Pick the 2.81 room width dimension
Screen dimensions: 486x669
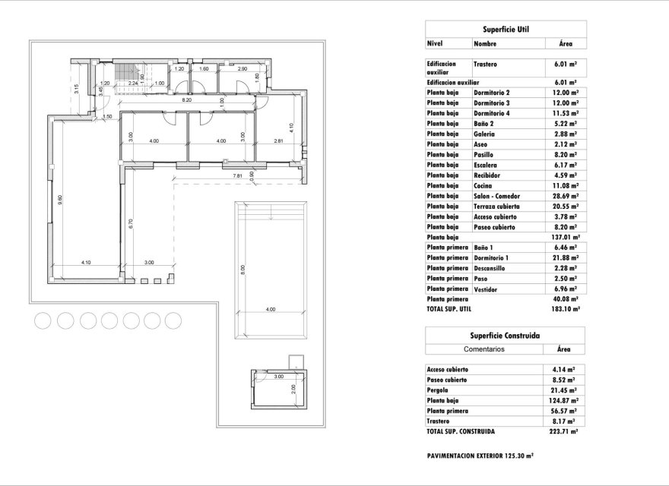pos(278,141)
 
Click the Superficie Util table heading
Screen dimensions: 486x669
pos(506,30)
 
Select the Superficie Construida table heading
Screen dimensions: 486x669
pos(506,335)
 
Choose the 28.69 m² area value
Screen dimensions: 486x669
pos(563,196)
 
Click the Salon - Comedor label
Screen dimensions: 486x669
pos(497,196)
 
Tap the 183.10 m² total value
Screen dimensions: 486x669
pos(563,309)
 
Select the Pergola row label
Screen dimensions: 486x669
pos(440,390)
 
